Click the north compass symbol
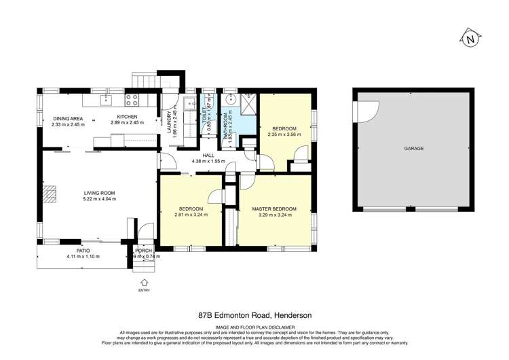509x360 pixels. pyautogui.click(x=470, y=39)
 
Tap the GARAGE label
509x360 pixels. pyautogui.click(x=414, y=148)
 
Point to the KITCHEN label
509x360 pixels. pyautogui.click(x=124, y=117)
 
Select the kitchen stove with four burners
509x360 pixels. pyautogui.click(x=133, y=101)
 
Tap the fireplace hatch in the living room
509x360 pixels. pyautogui.click(x=48, y=195)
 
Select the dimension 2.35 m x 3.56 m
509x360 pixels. pyautogui.click(x=284, y=134)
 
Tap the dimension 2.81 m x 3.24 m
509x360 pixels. pyautogui.click(x=190, y=215)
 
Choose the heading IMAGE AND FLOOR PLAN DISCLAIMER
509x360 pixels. pyautogui.click(x=254, y=325)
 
